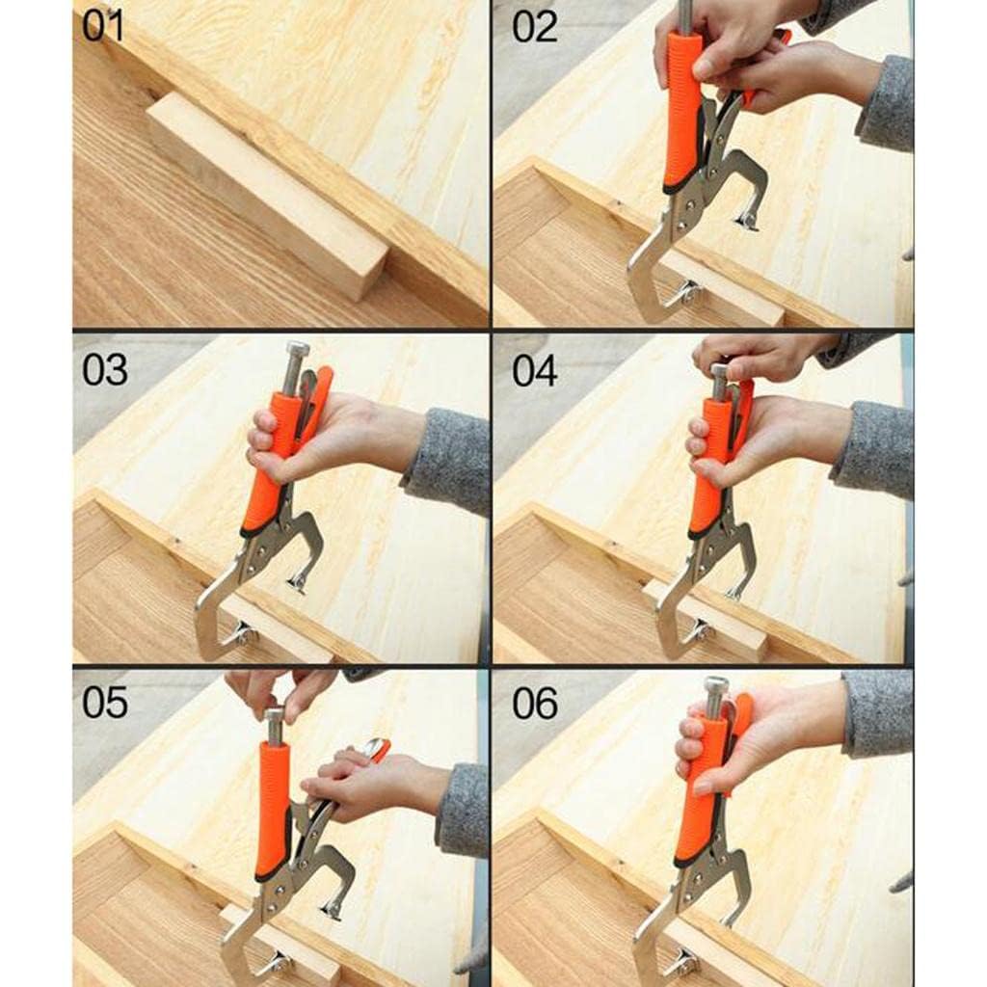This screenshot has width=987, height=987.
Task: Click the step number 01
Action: click(x=103, y=27)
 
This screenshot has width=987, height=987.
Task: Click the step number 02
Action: click(x=534, y=27)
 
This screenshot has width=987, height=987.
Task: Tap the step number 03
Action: click(x=104, y=369)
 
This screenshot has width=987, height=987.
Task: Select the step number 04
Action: click(x=534, y=370)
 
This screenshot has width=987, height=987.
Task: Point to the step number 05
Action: click(x=104, y=703)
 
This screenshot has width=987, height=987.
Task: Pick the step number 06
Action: click(x=534, y=703)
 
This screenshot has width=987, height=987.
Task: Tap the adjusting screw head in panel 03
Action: click(x=298, y=350)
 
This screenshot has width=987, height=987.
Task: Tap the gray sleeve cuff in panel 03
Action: click(x=448, y=460)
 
